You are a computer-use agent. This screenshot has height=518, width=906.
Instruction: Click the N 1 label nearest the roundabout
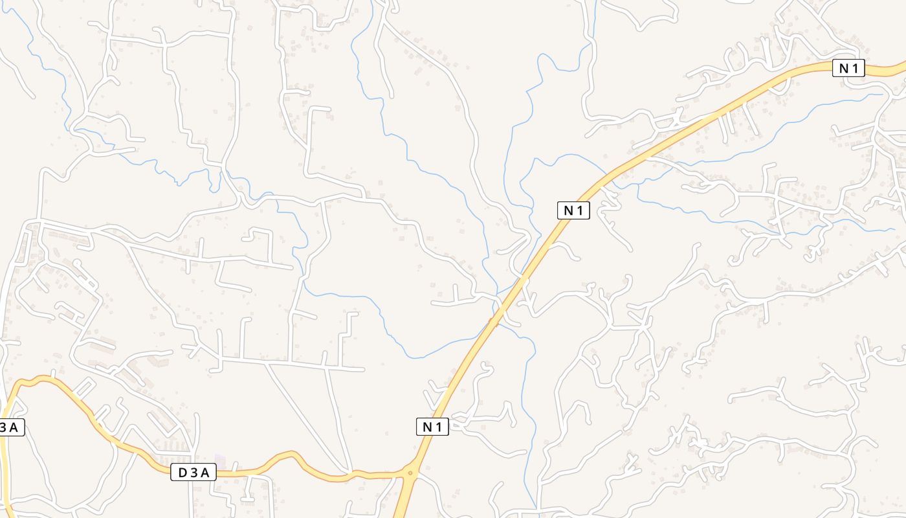click(x=432, y=427)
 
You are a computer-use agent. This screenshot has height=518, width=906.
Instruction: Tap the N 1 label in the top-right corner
click(x=848, y=68)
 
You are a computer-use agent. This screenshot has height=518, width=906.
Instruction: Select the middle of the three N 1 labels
click(x=573, y=210)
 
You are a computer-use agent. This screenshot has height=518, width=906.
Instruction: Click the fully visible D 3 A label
click(x=193, y=473)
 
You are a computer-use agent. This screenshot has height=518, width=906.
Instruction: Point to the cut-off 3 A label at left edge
click(x=11, y=427)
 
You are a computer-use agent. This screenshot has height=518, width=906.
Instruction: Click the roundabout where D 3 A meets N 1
click(x=410, y=473)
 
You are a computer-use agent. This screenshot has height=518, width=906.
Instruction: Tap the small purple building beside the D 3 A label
click(x=221, y=461)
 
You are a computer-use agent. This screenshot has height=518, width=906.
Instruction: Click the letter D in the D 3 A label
click(x=182, y=473)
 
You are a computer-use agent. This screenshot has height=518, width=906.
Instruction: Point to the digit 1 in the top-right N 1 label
click(x=856, y=68)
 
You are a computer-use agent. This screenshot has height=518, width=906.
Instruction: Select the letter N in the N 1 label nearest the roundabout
click(x=427, y=427)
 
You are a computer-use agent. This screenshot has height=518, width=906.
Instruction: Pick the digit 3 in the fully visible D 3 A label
click(x=193, y=473)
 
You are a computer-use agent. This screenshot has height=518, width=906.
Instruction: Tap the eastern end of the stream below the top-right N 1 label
click(x=881, y=95)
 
